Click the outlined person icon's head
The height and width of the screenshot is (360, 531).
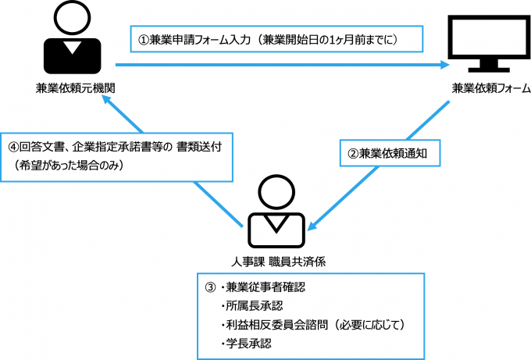coord(277,191)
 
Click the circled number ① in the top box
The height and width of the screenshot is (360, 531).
coord(143,37)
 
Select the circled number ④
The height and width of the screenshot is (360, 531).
coord(13,147)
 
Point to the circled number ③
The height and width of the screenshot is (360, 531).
coord(208,287)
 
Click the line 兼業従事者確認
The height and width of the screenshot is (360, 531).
coord(260,287)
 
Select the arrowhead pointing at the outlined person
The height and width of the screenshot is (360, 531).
coord(312,227)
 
